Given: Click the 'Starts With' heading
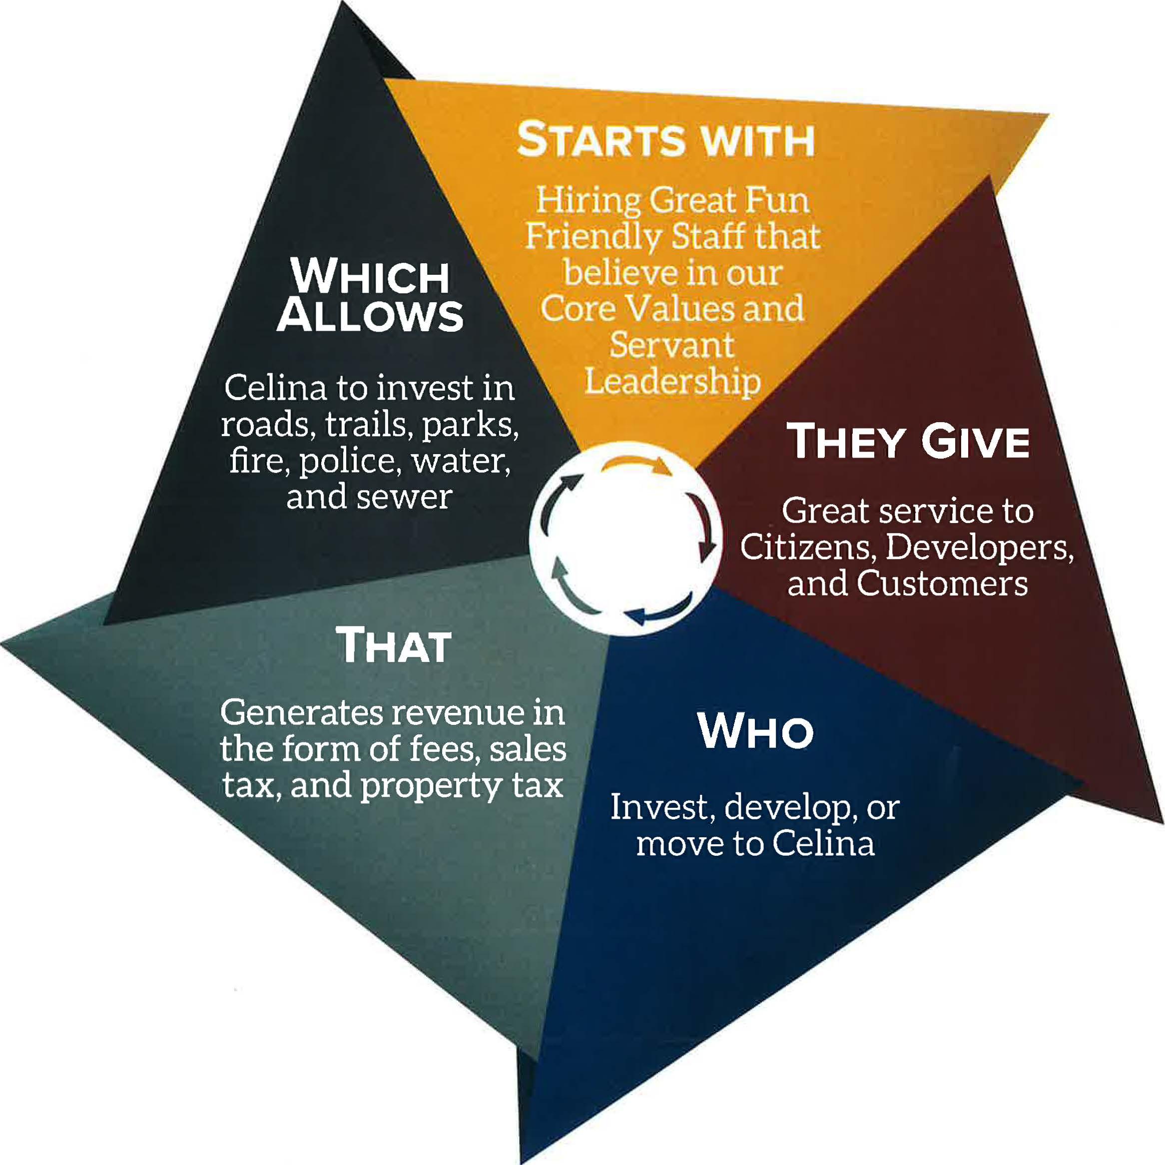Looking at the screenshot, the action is (x=666, y=140).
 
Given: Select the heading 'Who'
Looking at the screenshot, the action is (x=755, y=731).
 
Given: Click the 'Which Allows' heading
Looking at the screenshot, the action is (x=370, y=295).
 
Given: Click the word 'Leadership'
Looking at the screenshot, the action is (x=672, y=382).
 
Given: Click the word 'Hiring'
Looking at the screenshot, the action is (x=588, y=200).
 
